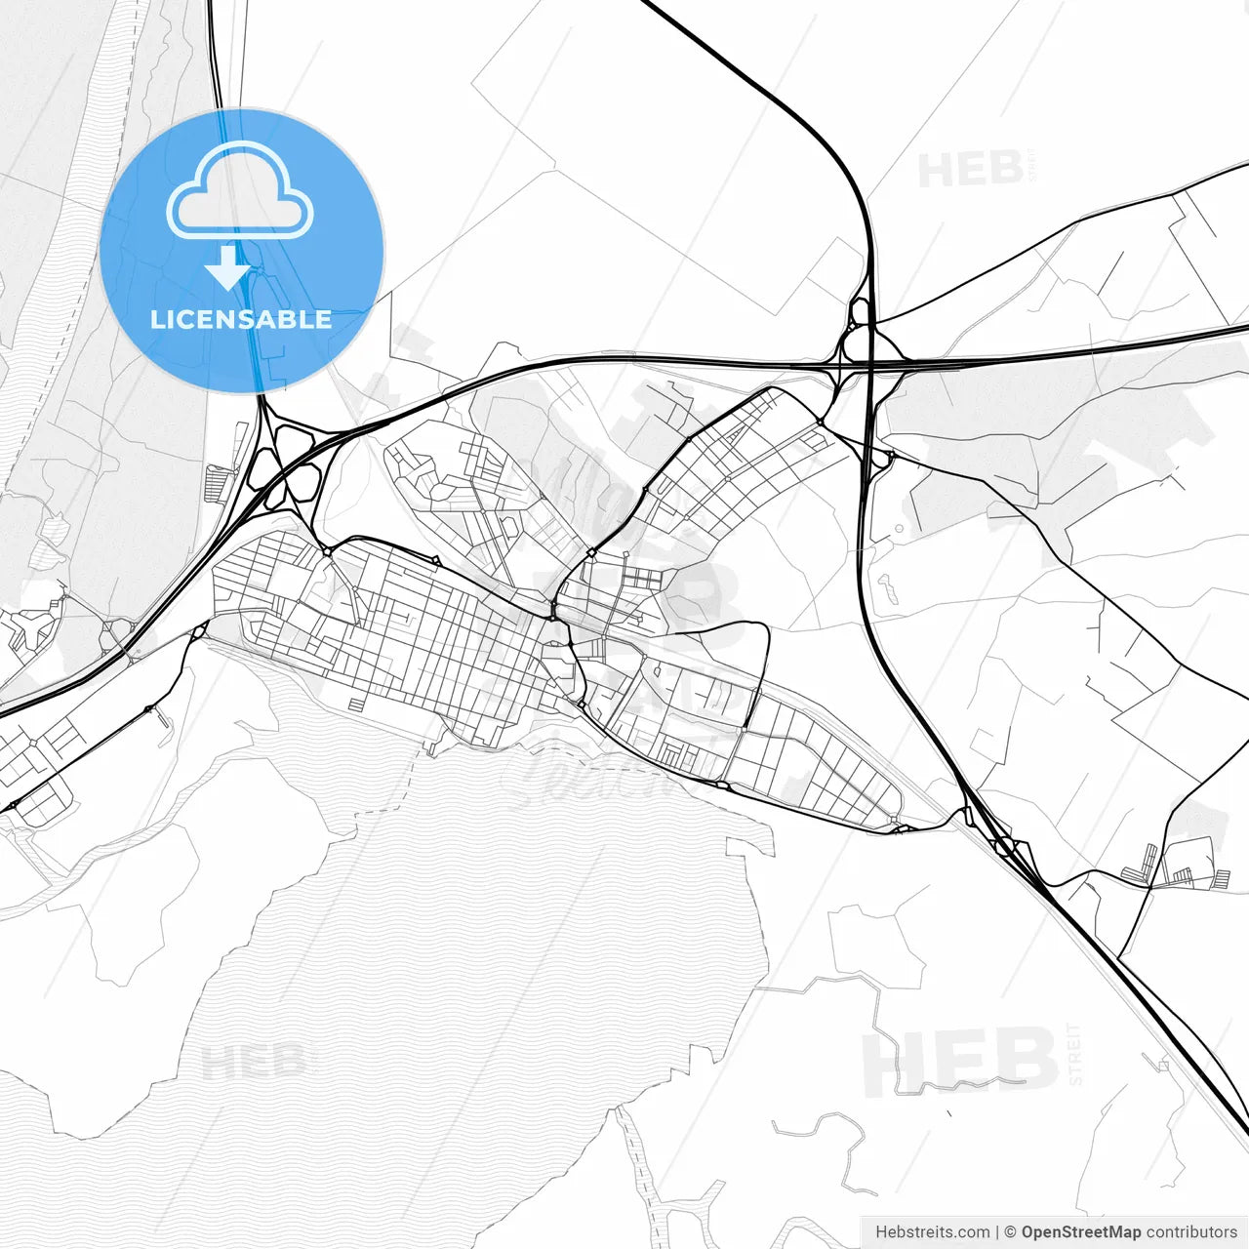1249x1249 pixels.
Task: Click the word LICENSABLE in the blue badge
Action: pyautogui.click(x=241, y=319)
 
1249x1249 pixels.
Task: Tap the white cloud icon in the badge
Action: pyautogui.click(x=240, y=189)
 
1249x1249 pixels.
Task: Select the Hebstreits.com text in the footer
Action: pyautogui.click(x=932, y=1232)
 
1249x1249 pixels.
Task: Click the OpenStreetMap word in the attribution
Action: pyautogui.click(x=1080, y=1232)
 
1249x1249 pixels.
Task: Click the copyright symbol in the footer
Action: pyautogui.click(x=1010, y=1232)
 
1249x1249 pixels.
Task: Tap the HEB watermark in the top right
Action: pyautogui.click(x=971, y=170)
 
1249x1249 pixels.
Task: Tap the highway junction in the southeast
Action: pyautogui.click(x=1005, y=844)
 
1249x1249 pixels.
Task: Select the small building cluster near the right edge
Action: pyautogui.click(x=1181, y=868)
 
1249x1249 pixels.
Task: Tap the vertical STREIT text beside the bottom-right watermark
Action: pyautogui.click(x=1074, y=1054)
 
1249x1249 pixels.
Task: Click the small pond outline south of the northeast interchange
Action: pyautogui.click(x=889, y=588)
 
